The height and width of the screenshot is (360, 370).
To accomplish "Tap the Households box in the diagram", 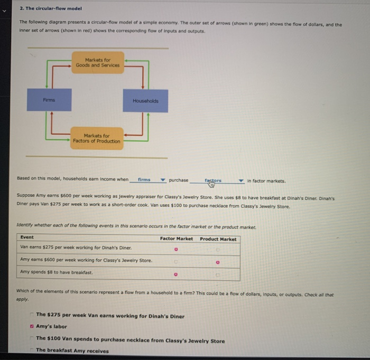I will tap(145, 101).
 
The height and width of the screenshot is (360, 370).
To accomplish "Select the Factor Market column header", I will tap(176, 239).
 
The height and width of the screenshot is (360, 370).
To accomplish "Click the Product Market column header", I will tap(218, 239).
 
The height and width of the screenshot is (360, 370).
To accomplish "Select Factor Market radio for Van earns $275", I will tap(177, 249).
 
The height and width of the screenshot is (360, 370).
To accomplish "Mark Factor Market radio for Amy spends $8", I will tap(177, 273).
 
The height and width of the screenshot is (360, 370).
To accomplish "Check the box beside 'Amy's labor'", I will tap(32, 327).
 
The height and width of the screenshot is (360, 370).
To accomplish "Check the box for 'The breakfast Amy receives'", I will tap(32, 350).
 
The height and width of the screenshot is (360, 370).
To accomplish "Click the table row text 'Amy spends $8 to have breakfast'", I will tap(56, 272).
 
